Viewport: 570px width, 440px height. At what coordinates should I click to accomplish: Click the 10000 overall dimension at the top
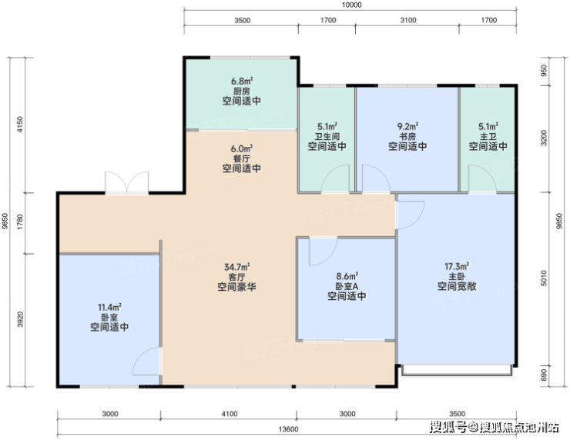pyautogui.click(x=352, y=5)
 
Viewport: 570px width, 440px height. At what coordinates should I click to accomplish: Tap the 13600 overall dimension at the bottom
pyautogui.click(x=288, y=429)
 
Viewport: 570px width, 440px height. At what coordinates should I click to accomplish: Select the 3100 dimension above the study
pyautogui.click(x=408, y=20)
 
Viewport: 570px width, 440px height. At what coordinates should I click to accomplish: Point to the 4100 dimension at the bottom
pyautogui.click(x=230, y=414)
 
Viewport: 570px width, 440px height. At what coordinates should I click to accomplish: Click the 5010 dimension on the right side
pyautogui.click(x=544, y=278)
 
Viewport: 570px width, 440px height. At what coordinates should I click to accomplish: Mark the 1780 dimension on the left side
pyautogui.click(x=20, y=222)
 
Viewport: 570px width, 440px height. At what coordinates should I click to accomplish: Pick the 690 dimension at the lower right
pyautogui.click(x=544, y=375)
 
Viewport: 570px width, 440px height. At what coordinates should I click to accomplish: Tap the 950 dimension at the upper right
pyautogui.click(x=544, y=70)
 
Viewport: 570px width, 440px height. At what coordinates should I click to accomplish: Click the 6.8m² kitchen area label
pyautogui.click(x=242, y=81)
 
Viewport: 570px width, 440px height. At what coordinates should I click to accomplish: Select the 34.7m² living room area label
pyautogui.click(x=236, y=267)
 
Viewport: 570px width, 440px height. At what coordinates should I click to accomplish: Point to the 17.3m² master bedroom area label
pyautogui.click(x=457, y=266)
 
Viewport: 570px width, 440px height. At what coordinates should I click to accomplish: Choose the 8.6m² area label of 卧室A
pyautogui.click(x=347, y=276)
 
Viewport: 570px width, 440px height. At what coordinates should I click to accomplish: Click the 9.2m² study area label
pyautogui.click(x=407, y=126)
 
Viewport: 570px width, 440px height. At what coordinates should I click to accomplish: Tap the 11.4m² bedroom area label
pyautogui.click(x=109, y=307)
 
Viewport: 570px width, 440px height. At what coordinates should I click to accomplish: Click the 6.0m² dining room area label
pyautogui.click(x=242, y=148)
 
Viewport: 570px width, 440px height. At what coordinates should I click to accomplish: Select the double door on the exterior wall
pyautogui.click(x=127, y=182)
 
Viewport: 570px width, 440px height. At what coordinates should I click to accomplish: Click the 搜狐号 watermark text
pyautogui.click(x=448, y=427)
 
